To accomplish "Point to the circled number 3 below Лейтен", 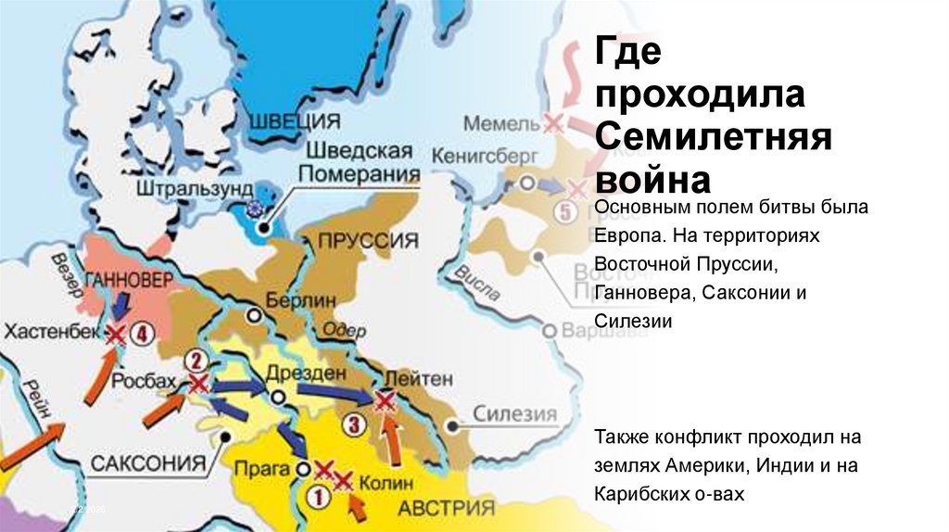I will (x=354, y=425).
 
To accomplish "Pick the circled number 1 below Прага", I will (x=317, y=497).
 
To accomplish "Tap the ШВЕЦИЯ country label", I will (x=294, y=120).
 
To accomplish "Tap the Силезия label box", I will (x=514, y=414).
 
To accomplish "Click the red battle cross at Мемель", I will (x=553, y=122).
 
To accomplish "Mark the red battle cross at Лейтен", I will (x=384, y=401).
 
